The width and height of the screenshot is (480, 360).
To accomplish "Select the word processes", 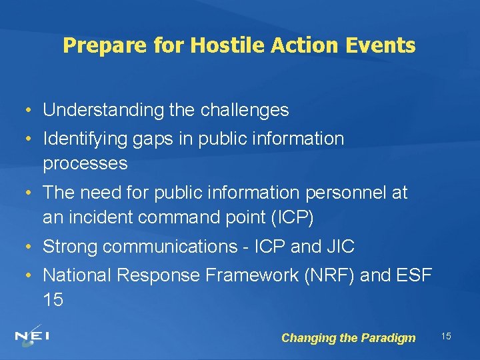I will tap(85, 163).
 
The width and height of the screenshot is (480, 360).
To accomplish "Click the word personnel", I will tap(352, 193).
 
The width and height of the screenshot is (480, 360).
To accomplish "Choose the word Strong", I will tap(69, 247).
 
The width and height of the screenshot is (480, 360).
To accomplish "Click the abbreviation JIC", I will tap(340, 247).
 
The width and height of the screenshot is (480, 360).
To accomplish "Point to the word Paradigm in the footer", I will tap(388, 338).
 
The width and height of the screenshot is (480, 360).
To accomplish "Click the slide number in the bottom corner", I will tap(446, 336).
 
